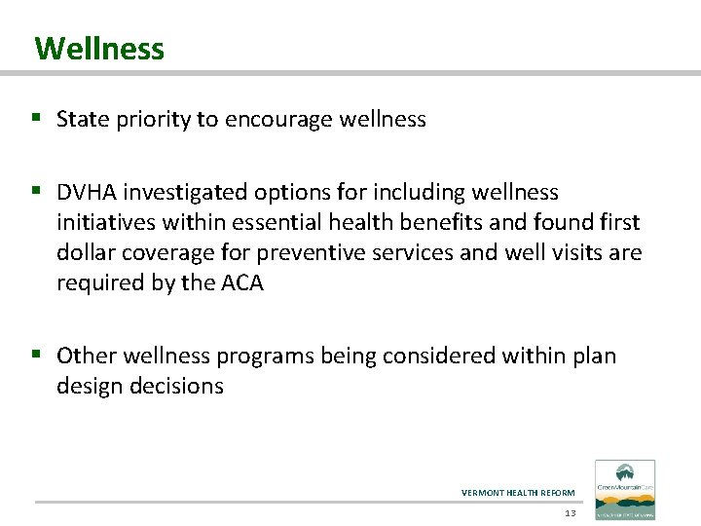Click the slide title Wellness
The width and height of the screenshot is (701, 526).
pyautogui.click(x=99, y=48)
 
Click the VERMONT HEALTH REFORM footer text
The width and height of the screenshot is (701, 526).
pyautogui.click(x=518, y=493)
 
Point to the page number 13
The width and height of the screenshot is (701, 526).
pyautogui.click(x=571, y=512)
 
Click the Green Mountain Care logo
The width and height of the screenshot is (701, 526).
pyautogui.click(x=625, y=490)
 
